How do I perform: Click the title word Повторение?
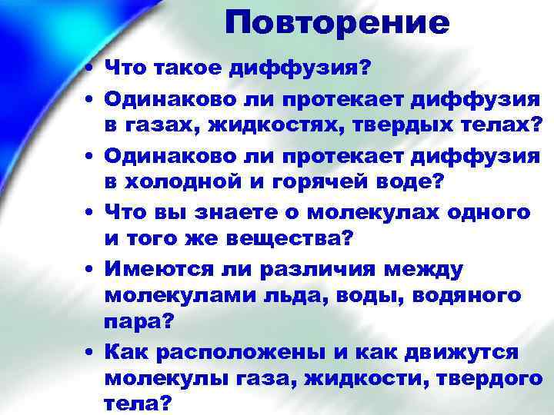(337, 24)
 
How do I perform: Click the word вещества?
(290, 239)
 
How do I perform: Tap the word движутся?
(460, 352)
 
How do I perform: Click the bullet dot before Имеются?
(91, 268)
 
